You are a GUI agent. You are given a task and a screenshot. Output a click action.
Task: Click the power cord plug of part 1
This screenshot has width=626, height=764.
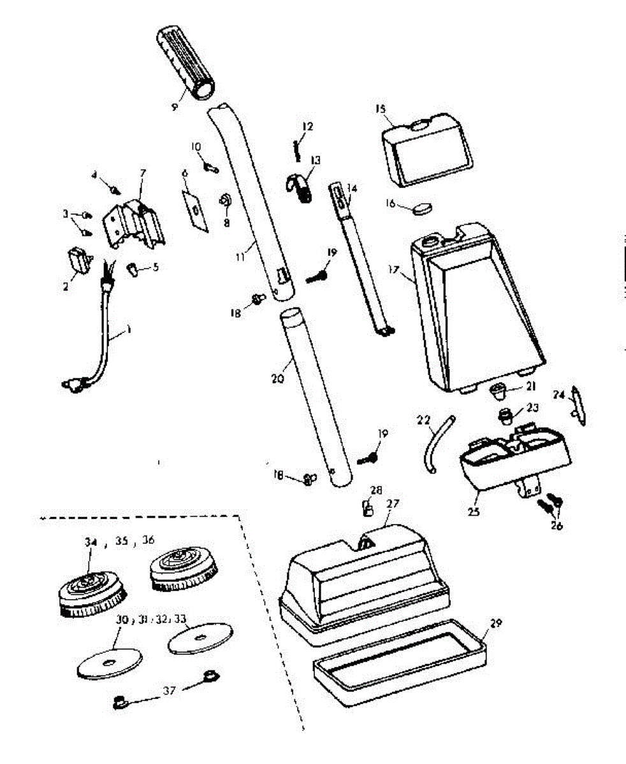[71, 384]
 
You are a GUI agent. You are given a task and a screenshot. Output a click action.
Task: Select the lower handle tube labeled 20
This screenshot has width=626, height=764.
[316, 395]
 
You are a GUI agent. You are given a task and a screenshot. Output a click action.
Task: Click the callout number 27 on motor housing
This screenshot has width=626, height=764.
[393, 503]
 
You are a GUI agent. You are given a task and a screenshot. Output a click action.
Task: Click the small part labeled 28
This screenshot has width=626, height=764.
[368, 508]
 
